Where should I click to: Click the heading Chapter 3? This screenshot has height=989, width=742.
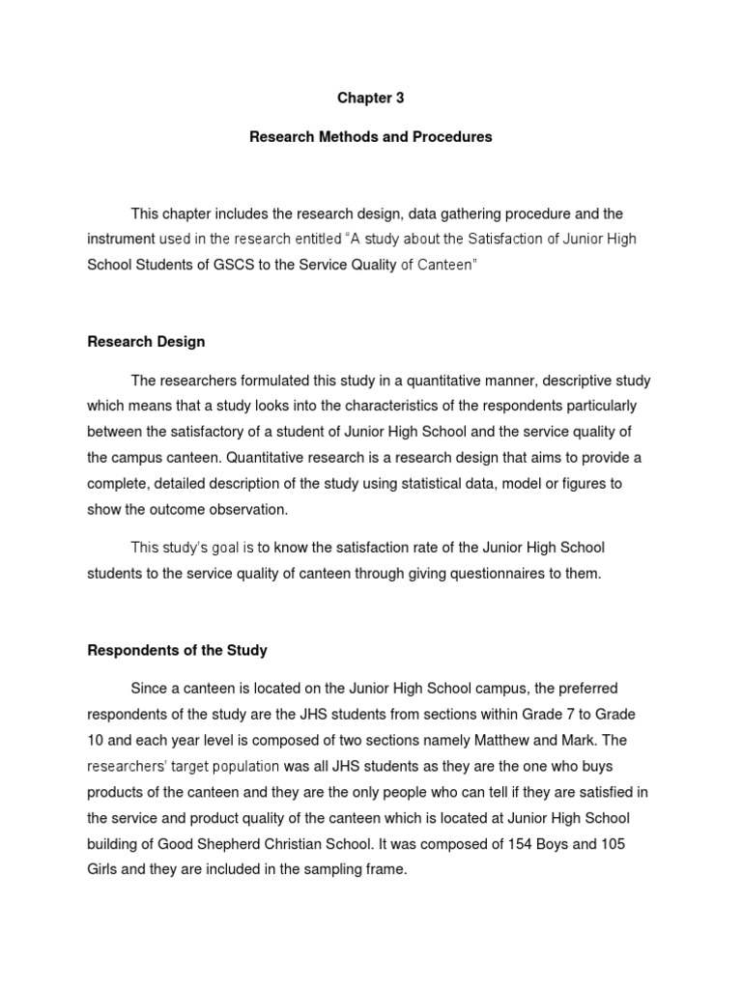(x=370, y=98)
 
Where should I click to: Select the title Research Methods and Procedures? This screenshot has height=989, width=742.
(x=370, y=137)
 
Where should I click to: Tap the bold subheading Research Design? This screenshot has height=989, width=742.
(x=146, y=342)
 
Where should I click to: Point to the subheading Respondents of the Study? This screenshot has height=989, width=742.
(x=177, y=649)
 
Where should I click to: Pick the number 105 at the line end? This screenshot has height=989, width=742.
(x=610, y=843)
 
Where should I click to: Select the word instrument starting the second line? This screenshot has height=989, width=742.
(x=121, y=239)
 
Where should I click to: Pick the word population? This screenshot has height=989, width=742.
(x=242, y=766)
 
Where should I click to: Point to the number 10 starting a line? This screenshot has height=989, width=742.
(x=96, y=740)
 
